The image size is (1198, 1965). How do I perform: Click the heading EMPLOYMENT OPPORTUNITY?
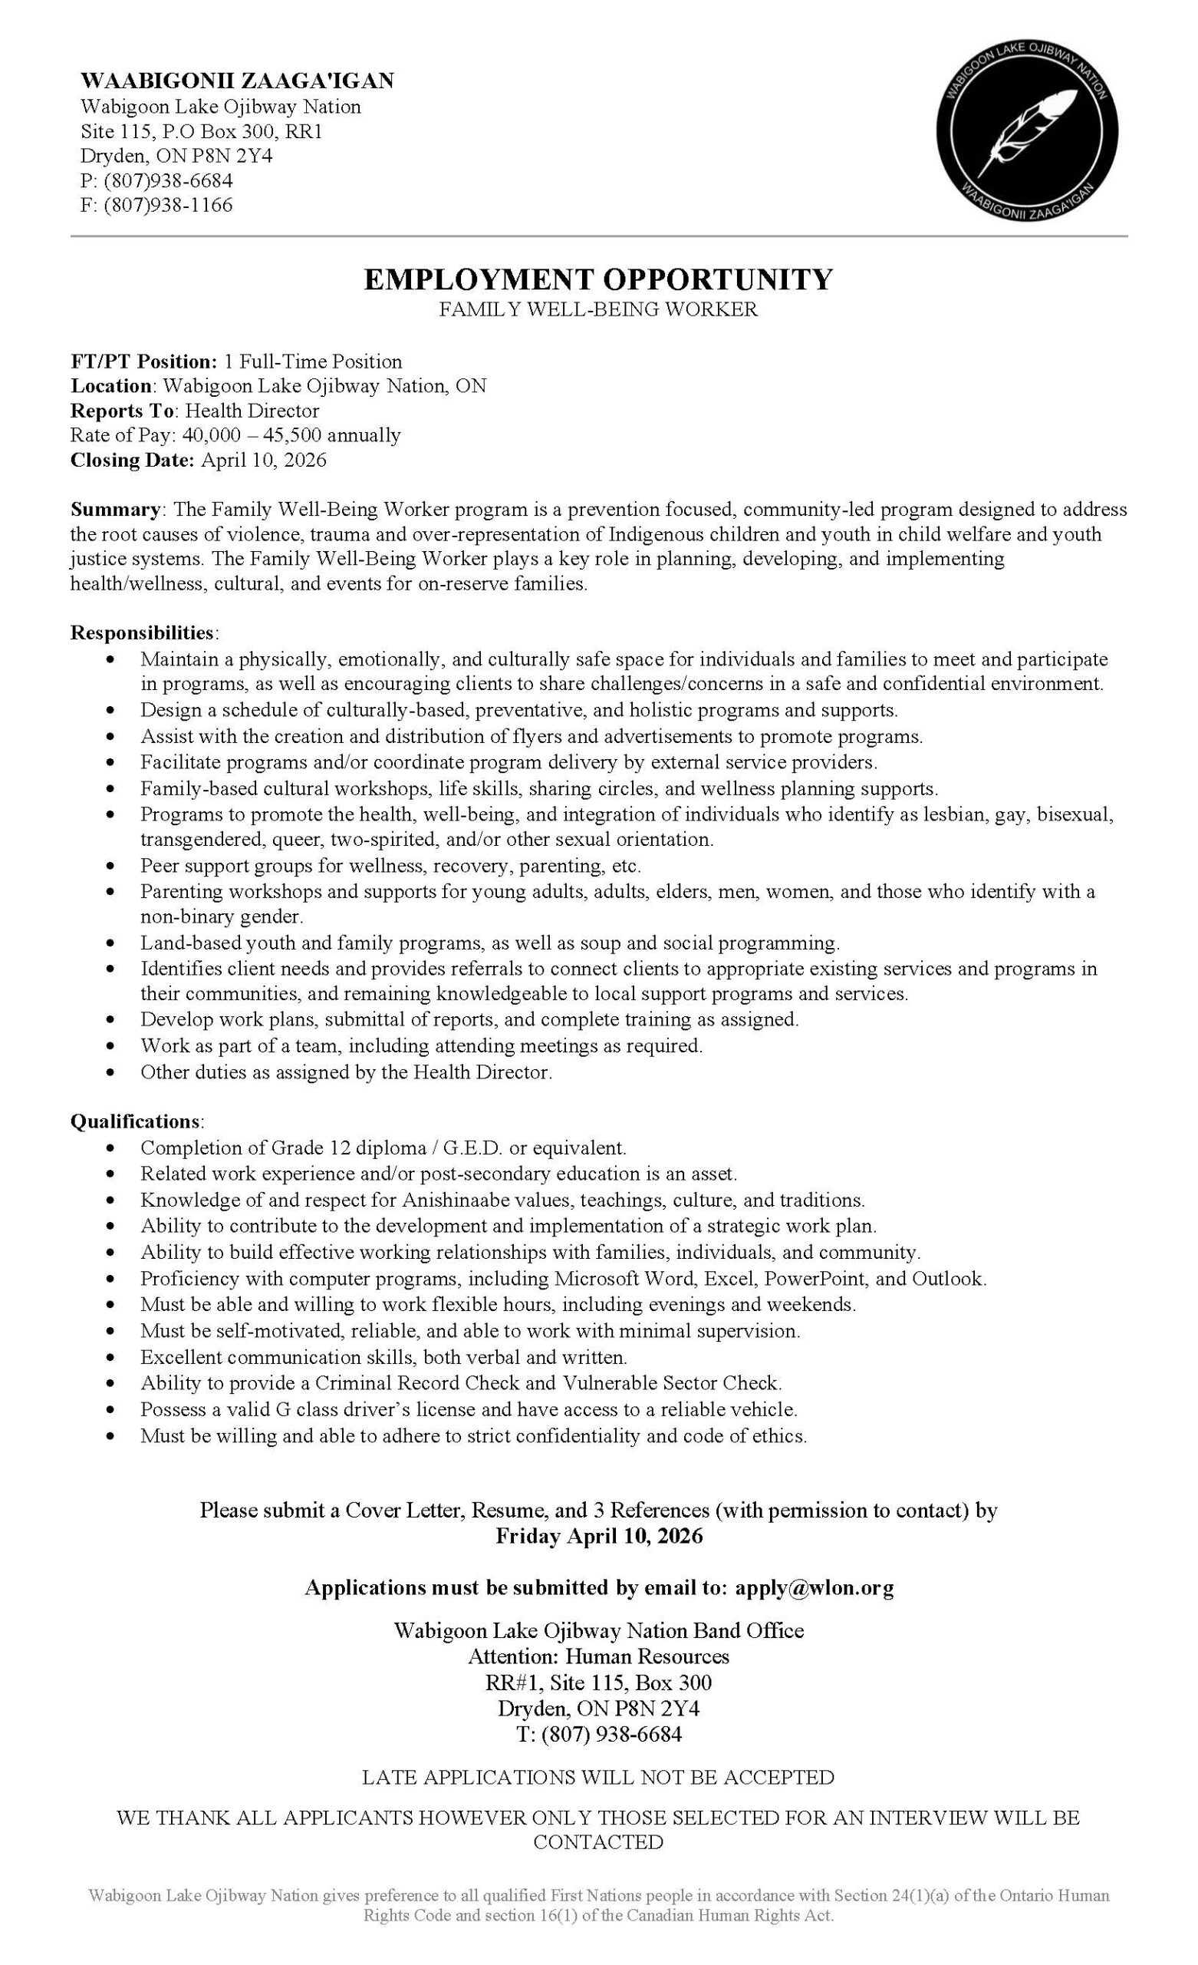[x=597, y=279]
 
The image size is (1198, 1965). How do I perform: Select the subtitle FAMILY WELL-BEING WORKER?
[x=597, y=309]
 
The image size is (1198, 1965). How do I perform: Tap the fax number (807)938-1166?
[x=168, y=206]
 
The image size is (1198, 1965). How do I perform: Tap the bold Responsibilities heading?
[x=143, y=632]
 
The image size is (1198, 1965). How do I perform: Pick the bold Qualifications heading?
[x=136, y=1121]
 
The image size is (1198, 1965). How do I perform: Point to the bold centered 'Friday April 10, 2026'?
[x=598, y=1536]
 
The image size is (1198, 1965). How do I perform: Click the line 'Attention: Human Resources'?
[x=597, y=1656]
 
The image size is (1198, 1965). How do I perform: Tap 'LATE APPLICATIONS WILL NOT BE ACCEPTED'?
[x=597, y=1777]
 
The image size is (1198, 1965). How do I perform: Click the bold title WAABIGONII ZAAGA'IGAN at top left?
[x=238, y=81]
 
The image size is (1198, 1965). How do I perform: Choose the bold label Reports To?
[x=122, y=411]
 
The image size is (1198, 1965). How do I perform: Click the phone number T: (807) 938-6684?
[x=598, y=1734]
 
